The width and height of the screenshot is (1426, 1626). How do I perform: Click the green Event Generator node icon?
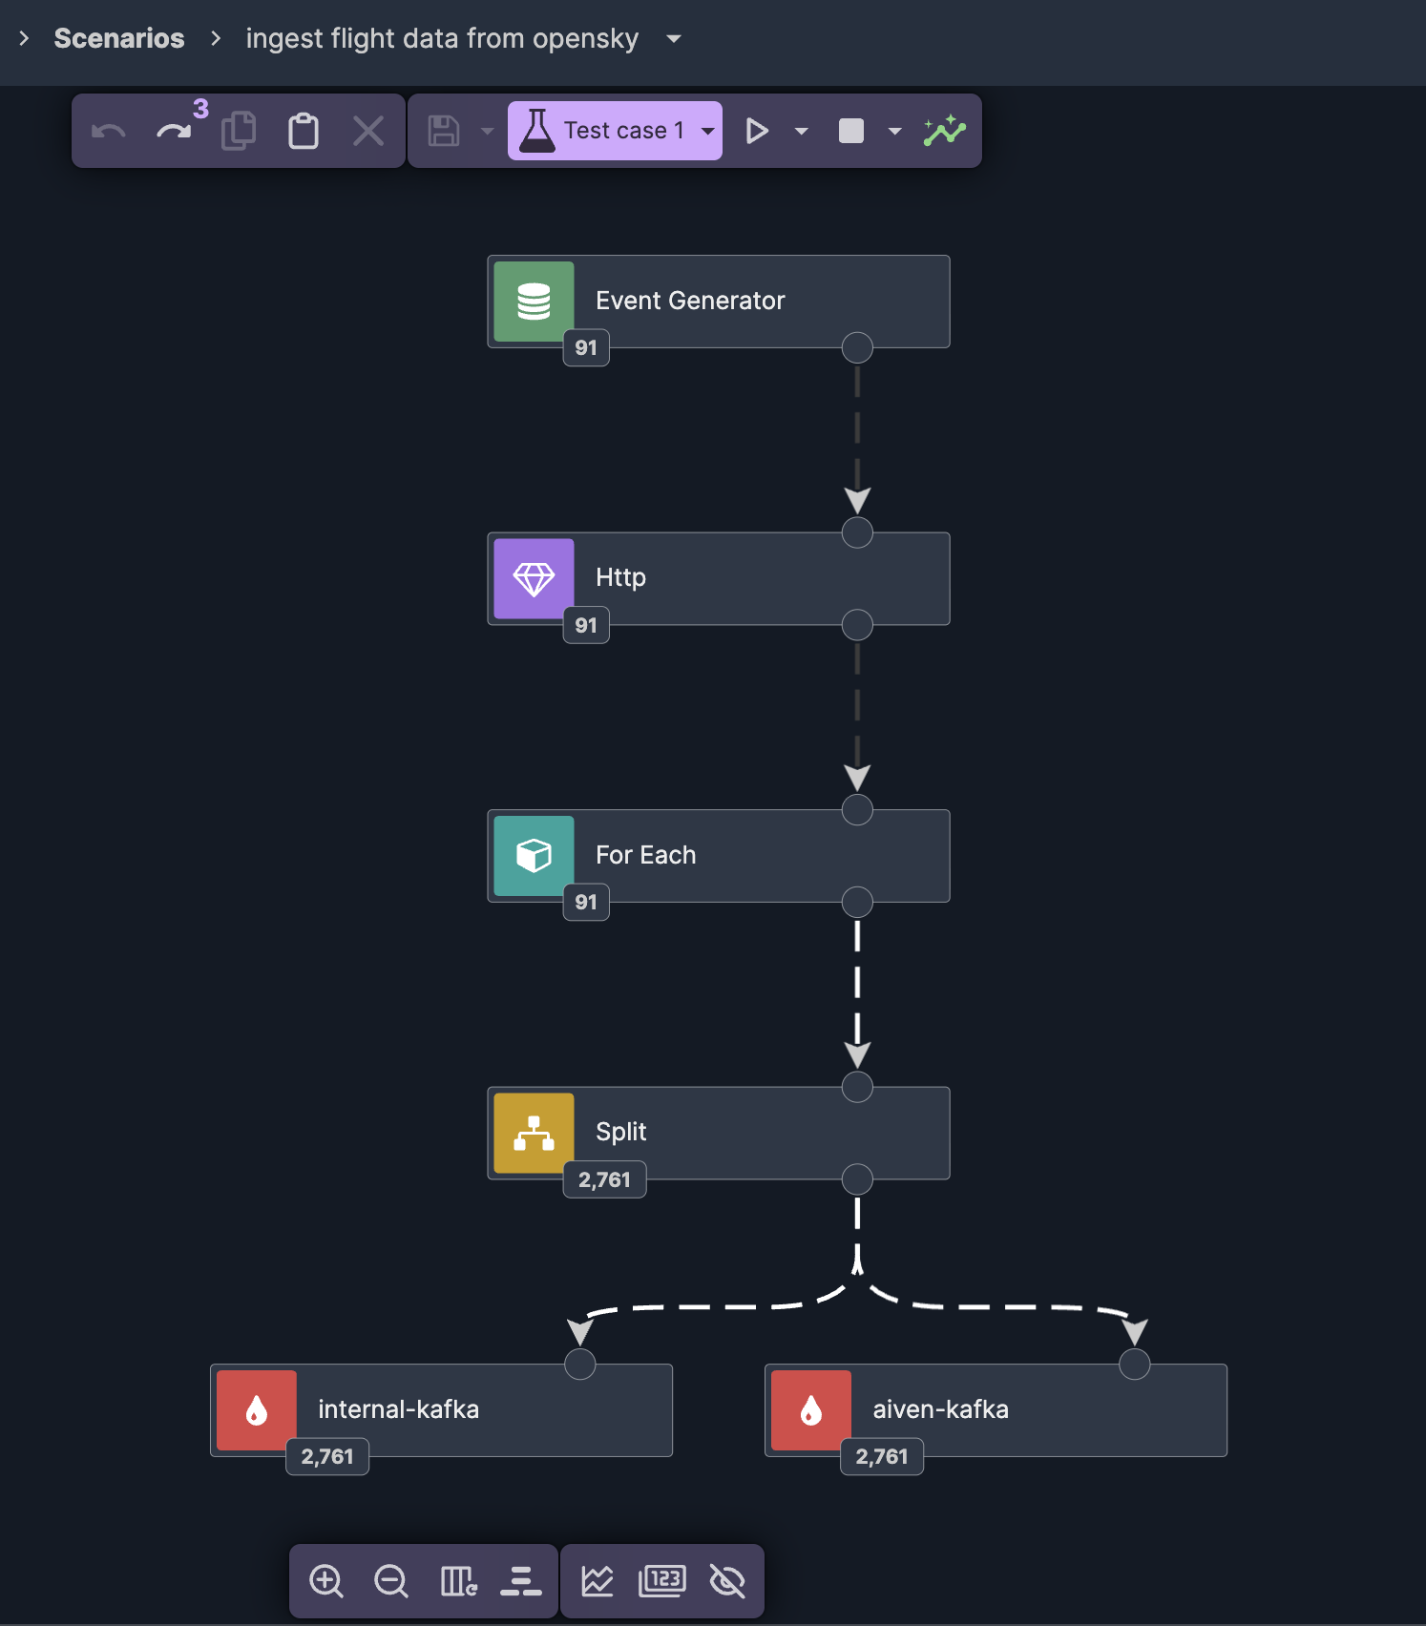534,302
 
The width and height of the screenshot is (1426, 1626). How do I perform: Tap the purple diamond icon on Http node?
534,578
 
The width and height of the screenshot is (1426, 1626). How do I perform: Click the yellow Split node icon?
534,1133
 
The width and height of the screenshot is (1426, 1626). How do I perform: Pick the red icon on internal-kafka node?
257,1410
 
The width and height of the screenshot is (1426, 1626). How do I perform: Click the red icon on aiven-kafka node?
811,1410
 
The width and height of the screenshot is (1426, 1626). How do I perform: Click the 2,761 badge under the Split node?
604,1179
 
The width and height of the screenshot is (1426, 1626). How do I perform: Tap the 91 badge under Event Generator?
586,348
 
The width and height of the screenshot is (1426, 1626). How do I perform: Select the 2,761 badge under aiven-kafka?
881,1457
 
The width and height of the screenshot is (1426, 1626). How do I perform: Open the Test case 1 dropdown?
708,131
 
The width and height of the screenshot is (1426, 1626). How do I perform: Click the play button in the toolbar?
757,131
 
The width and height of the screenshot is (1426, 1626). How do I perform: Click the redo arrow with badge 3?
174,131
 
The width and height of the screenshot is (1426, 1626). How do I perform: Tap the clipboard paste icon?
304,131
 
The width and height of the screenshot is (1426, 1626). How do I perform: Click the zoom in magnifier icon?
326,1581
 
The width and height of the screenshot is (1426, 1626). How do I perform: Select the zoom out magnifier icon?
391,1581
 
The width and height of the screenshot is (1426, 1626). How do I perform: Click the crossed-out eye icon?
727,1581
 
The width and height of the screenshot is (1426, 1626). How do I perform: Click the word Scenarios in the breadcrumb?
119,38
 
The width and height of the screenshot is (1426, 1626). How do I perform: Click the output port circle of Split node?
857,1179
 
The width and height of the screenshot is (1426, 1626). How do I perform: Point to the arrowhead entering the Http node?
857,500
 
